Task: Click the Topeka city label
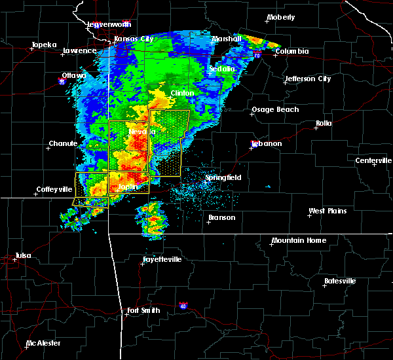(43, 45)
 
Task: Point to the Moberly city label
(281, 18)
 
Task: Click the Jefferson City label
(307, 79)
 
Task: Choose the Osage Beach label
(275, 109)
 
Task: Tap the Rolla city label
(324, 123)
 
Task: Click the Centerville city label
(373, 160)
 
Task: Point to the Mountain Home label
(298, 240)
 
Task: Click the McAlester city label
(45, 343)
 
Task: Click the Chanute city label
(63, 143)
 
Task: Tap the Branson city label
(221, 217)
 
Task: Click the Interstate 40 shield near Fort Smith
(183, 306)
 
